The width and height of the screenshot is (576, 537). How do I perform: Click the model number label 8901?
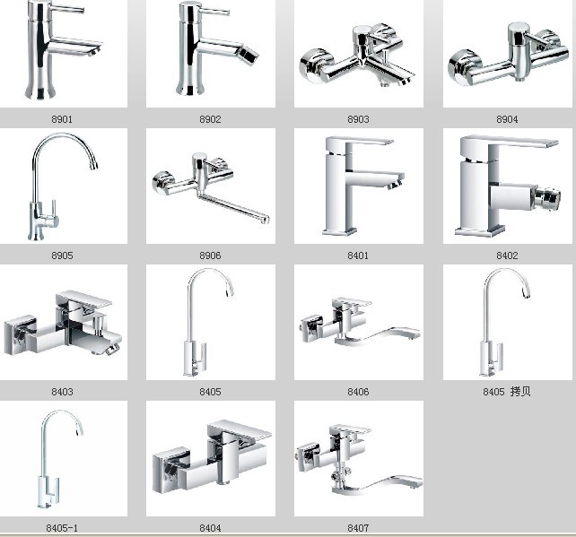(62, 119)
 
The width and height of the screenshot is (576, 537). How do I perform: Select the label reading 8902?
(210, 119)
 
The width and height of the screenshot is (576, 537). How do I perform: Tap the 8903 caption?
(358, 119)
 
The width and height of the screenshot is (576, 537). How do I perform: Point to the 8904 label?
(507, 119)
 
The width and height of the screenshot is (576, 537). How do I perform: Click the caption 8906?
(210, 256)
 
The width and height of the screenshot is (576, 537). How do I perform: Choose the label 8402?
(507, 256)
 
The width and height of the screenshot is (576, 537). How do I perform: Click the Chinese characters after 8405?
(520, 391)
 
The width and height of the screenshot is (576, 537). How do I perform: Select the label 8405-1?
(62, 528)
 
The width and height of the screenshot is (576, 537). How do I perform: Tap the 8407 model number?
(358, 528)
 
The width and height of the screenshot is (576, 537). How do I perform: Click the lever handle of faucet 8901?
(67, 9)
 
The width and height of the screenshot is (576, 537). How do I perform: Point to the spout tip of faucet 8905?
(93, 167)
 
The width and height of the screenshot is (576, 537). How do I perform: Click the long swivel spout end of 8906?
(265, 220)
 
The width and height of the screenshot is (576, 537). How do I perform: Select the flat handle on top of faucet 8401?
(359, 142)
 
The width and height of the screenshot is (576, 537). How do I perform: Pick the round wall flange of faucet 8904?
(461, 67)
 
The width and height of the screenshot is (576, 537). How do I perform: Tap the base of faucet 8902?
(190, 89)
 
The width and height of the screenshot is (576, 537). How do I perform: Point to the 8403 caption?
(62, 391)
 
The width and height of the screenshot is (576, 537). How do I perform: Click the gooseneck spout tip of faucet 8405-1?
(78, 432)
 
